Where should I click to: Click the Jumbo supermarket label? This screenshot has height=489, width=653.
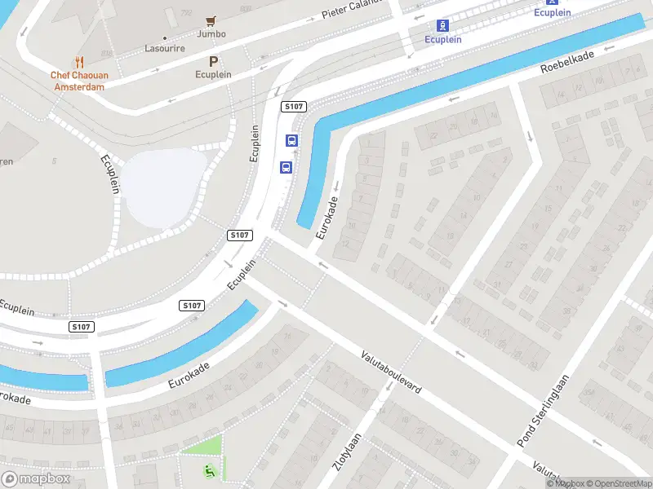click(211, 34)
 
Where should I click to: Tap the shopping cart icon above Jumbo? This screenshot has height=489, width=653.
click(211, 20)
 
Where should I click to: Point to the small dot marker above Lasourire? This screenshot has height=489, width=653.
click(165, 37)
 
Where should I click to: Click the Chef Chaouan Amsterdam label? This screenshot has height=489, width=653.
click(78, 81)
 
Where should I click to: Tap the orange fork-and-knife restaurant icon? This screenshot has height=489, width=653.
click(79, 62)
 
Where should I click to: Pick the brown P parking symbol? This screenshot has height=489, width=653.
click(214, 61)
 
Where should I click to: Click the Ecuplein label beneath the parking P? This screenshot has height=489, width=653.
click(214, 74)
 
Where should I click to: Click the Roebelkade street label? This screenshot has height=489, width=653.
click(566, 60)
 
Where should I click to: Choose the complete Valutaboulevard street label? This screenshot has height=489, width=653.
click(392, 373)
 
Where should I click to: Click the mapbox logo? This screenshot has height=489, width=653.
click(36, 478)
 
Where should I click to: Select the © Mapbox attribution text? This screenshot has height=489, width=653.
click(566, 483)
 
